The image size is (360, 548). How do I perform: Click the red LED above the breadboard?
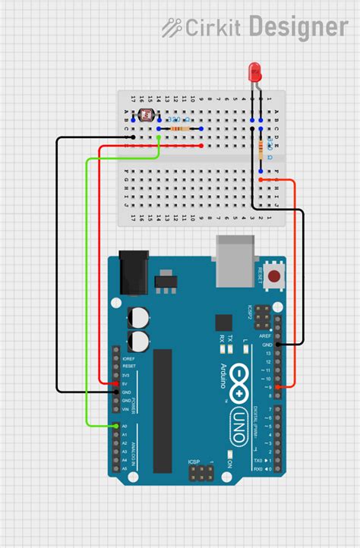click(x=256, y=72)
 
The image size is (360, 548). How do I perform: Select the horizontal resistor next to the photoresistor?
click(x=179, y=129)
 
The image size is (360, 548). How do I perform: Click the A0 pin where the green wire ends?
click(x=115, y=426)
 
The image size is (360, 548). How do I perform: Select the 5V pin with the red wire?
click(x=115, y=383)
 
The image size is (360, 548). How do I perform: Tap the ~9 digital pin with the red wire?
click(x=279, y=387)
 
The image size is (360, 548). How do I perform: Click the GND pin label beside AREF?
click(x=267, y=345)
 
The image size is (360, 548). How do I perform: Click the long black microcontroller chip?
click(x=163, y=410)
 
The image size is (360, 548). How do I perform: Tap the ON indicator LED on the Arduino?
click(x=229, y=462)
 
